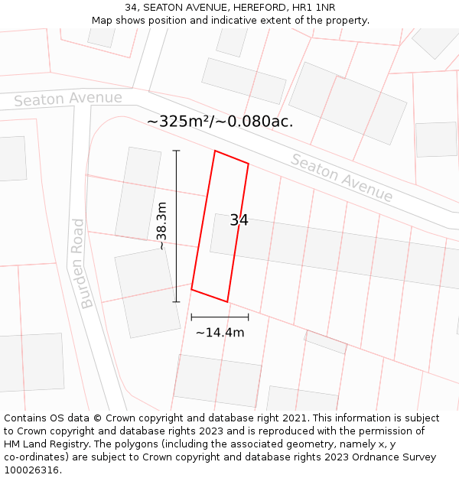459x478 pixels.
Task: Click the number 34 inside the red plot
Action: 239,220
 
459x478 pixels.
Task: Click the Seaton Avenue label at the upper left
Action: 67,99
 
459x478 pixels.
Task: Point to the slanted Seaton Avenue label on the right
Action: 341,178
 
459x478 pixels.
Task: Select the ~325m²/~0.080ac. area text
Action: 220,122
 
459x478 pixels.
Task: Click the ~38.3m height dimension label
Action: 161,226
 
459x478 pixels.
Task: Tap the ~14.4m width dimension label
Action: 220,333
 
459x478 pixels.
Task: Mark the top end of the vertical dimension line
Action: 177,151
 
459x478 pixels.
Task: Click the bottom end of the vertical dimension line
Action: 177,302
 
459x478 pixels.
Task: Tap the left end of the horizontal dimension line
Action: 191,317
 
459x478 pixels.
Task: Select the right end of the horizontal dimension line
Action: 249,317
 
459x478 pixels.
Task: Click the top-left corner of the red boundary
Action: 215,151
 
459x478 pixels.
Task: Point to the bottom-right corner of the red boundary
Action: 227,302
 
